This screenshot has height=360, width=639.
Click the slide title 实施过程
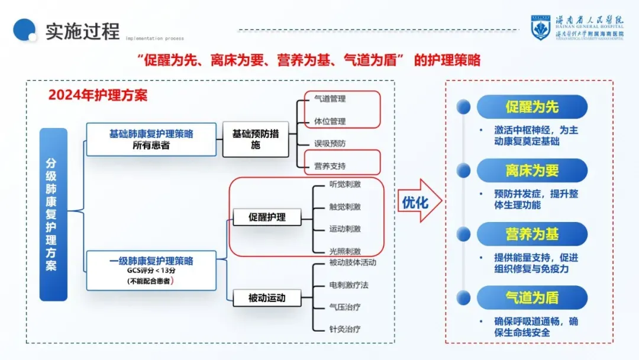click(x=82, y=31)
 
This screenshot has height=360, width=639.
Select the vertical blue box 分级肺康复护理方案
click(x=53, y=214)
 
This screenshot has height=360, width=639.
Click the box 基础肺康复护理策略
click(x=151, y=139)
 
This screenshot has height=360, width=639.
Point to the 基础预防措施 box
click(x=255, y=139)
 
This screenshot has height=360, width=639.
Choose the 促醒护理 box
click(x=267, y=217)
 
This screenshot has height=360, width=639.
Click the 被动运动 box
click(x=267, y=298)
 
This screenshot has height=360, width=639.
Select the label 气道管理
click(x=330, y=99)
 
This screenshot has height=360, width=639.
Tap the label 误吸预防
click(x=330, y=144)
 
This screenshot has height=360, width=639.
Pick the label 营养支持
click(x=330, y=166)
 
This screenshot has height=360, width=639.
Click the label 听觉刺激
click(x=345, y=184)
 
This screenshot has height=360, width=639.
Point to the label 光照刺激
click(x=345, y=251)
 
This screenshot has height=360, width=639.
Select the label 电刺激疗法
click(x=348, y=285)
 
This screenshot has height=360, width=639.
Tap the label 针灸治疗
click(x=345, y=329)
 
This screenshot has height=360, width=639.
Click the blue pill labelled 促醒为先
click(x=532, y=107)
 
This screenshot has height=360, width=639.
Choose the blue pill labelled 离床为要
click(x=532, y=171)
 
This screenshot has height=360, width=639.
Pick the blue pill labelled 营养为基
click(x=532, y=234)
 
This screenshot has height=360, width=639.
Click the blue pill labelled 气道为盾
click(x=532, y=297)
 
